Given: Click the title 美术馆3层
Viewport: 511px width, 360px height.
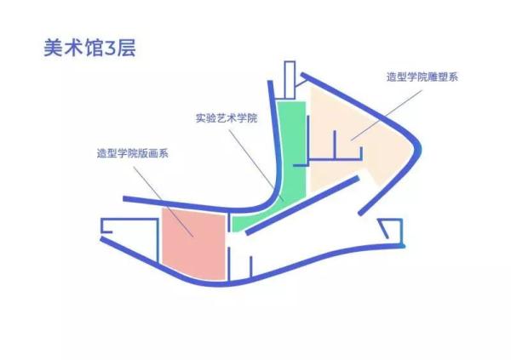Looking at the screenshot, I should click(89, 47).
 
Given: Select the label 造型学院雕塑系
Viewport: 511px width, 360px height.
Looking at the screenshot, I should click(422, 76).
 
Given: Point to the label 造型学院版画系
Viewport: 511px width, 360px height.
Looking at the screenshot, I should click(132, 154).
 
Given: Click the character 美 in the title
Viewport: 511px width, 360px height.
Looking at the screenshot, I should click(52, 47).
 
